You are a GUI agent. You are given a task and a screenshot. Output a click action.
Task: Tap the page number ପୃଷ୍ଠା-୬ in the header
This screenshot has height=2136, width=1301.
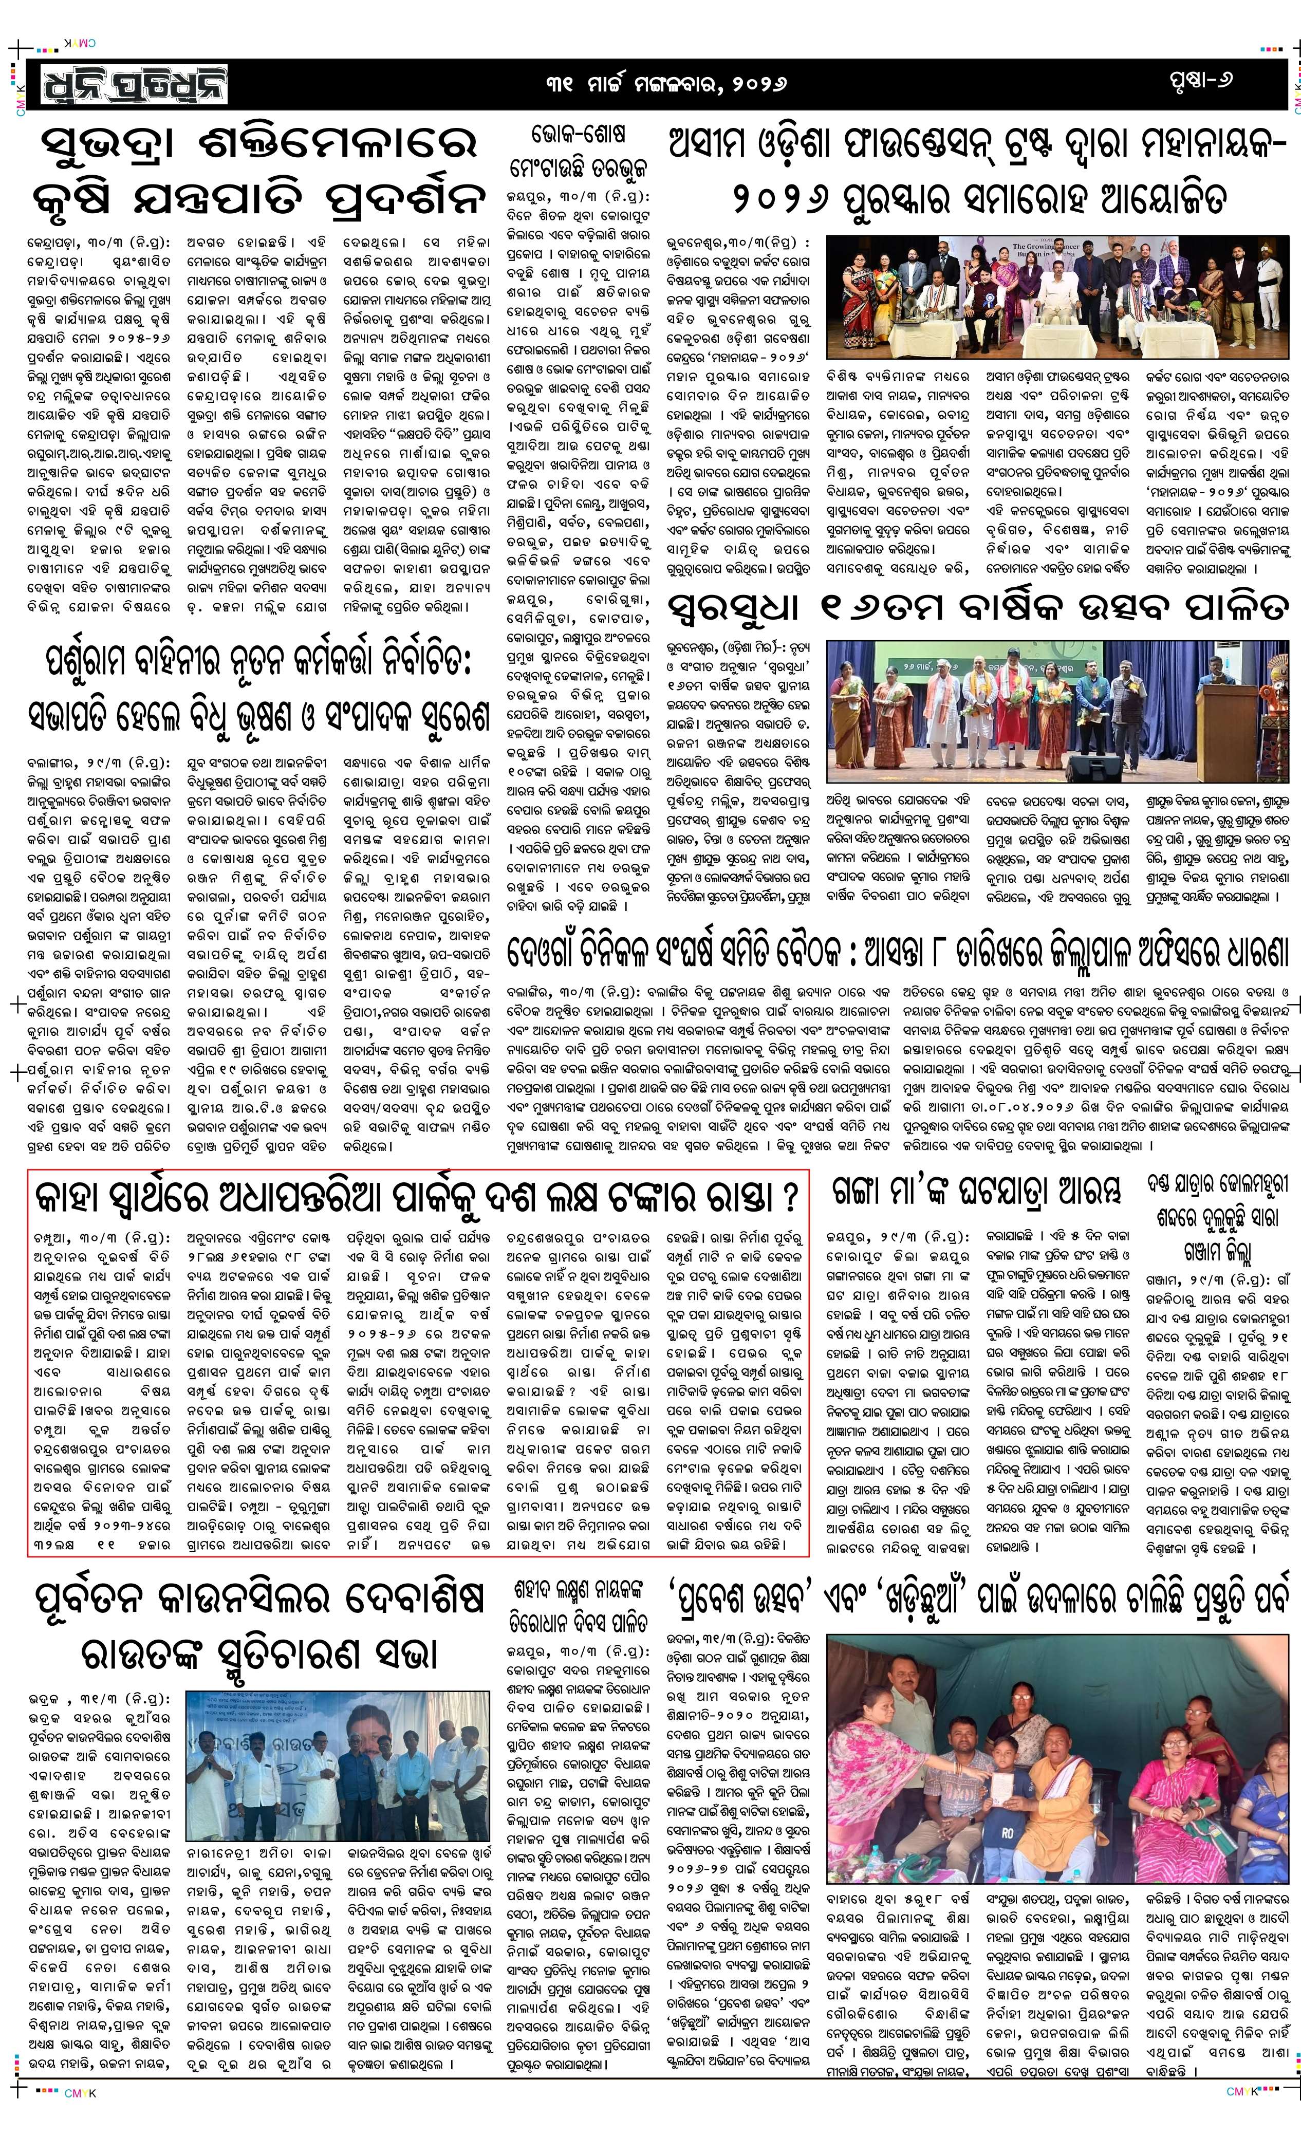(x=1199, y=81)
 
